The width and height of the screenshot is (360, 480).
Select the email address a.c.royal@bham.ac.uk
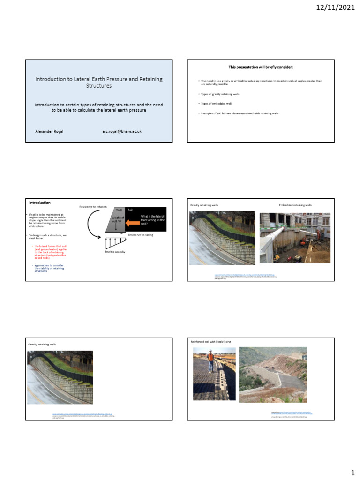[x=121, y=131]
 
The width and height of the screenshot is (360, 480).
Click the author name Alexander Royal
[x=49, y=131]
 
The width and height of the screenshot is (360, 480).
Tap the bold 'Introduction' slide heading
[x=40, y=203]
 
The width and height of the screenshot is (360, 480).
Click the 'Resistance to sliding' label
[x=141, y=234]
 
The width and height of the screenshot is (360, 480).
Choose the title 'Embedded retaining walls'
[x=295, y=205]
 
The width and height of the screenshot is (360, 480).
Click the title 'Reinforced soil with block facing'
[x=210, y=342]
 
